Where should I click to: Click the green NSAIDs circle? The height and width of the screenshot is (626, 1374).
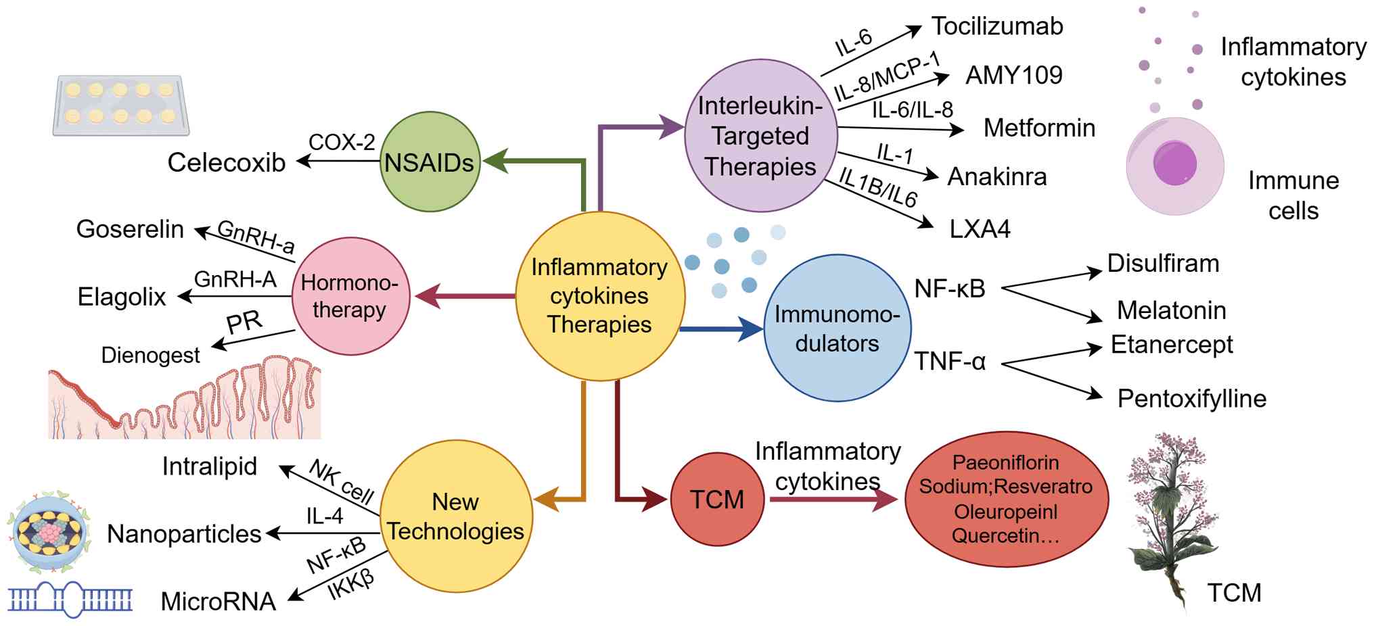pyautogui.click(x=430, y=162)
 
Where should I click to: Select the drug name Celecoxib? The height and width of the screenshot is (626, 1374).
pyautogui.click(x=226, y=163)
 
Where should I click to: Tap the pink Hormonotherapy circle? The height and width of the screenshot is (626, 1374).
pyautogui.click(x=350, y=296)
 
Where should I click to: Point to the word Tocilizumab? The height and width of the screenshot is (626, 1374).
pyautogui.click(x=997, y=26)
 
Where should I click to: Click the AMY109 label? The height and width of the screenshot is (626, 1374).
pyautogui.click(x=1013, y=75)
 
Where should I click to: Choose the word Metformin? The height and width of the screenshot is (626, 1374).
pyautogui.click(x=1039, y=128)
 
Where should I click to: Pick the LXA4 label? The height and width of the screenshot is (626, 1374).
pyautogui.click(x=980, y=229)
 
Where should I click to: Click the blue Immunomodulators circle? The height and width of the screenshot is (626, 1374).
pyautogui.click(x=837, y=329)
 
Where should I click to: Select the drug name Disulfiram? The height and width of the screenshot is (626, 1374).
pyautogui.click(x=1163, y=263)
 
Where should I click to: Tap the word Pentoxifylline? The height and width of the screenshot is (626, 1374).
pyautogui.click(x=1191, y=398)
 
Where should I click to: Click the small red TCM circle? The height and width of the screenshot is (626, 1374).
pyautogui.click(x=717, y=500)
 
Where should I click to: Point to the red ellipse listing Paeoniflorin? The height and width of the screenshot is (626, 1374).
pyautogui.click(x=1006, y=499)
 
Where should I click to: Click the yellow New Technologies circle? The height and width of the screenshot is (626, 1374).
pyautogui.click(x=456, y=516)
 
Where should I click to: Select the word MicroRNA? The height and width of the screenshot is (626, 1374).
pyautogui.click(x=218, y=601)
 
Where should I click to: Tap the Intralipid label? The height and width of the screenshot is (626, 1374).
pyautogui.click(x=210, y=466)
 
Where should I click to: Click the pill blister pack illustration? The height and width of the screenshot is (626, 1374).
pyautogui.click(x=120, y=105)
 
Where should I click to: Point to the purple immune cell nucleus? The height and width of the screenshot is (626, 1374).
pyautogui.click(x=1175, y=164)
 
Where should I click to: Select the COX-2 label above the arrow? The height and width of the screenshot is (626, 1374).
pyautogui.click(x=342, y=142)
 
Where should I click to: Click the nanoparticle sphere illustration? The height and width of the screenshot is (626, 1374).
pyautogui.click(x=49, y=532)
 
